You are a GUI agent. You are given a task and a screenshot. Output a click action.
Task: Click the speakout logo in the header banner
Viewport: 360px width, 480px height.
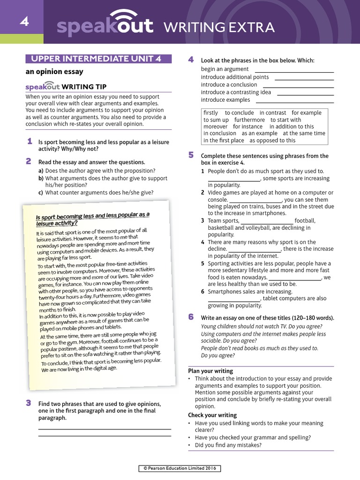pyautogui.click(x=105, y=27)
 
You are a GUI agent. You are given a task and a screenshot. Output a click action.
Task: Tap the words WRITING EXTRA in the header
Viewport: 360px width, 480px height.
pyautogui.click(x=218, y=28)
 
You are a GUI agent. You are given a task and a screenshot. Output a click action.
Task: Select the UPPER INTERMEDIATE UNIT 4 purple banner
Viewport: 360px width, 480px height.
pyautogui.click(x=98, y=59)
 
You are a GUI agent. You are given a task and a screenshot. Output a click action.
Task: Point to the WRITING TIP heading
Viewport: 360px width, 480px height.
pyautogui.click(x=84, y=87)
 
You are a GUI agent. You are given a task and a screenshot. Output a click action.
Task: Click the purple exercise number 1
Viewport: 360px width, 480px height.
pyautogui.click(x=29, y=141)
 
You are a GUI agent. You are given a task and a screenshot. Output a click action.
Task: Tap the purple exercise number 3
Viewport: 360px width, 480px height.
pyautogui.click(x=29, y=402)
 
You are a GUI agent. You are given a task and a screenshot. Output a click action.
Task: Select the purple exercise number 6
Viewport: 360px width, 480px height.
pyautogui.click(x=191, y=317)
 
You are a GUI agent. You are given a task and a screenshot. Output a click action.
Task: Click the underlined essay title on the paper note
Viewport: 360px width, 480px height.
pyautogui.click(x=93, y=219)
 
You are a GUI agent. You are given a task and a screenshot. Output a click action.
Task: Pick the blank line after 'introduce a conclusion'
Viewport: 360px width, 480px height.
pyautogui.click(x=298, y=85)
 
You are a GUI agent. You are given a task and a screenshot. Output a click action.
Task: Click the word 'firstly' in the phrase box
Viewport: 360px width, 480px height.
pyautogui.click(x=210, y=113)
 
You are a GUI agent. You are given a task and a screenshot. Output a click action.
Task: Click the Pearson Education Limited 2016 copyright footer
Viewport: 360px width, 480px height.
pyautogui.click(x=180, y=468)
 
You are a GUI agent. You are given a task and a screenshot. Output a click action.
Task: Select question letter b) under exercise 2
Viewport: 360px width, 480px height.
pyautogui.click(x=41, y=178)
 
